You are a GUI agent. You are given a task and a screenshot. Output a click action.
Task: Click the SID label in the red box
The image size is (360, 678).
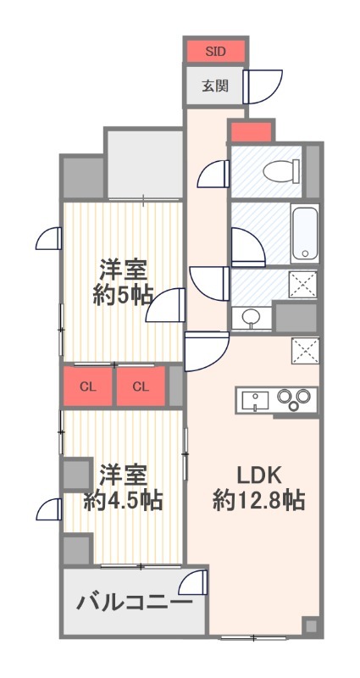(215, 51)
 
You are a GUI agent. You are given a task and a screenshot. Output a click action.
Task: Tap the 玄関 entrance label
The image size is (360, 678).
(215, 85)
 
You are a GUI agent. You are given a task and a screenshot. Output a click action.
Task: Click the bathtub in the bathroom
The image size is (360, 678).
(304, 233)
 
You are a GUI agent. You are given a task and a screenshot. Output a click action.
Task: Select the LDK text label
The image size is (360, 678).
(258, 474)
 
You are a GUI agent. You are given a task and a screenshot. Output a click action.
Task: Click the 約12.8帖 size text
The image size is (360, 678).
(258, 500)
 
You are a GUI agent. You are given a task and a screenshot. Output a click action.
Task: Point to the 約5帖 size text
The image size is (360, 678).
(124, 296)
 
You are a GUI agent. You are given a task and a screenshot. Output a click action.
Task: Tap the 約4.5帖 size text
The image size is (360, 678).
(124, 500)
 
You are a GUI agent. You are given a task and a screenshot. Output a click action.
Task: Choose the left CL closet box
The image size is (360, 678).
(87, 387)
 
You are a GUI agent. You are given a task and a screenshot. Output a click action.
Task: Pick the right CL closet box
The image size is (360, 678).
(141, 387)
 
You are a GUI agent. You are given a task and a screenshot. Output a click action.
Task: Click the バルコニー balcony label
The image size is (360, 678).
(133, 603)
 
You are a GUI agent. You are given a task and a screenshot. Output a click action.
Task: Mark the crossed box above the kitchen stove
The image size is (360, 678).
(304, 349)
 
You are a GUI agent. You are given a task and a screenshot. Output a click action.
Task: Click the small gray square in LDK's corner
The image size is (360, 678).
(311, 626)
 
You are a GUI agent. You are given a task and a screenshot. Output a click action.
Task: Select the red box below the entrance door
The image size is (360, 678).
(251, 132)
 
